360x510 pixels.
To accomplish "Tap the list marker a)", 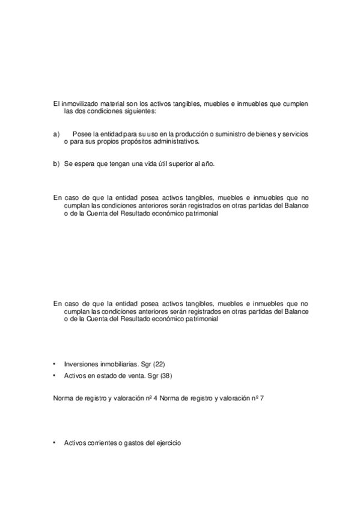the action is pyautogui.click(x=56, y=134).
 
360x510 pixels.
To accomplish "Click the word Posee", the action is pyautogui.click(x=80, y=134).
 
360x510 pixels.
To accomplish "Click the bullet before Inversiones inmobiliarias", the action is pyautogui.click(x=55, y=364).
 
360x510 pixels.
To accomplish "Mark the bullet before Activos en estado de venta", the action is pyautogui.click(x=55, y=375).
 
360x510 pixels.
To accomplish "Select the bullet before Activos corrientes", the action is pyautogui.click(x=55, y=443).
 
